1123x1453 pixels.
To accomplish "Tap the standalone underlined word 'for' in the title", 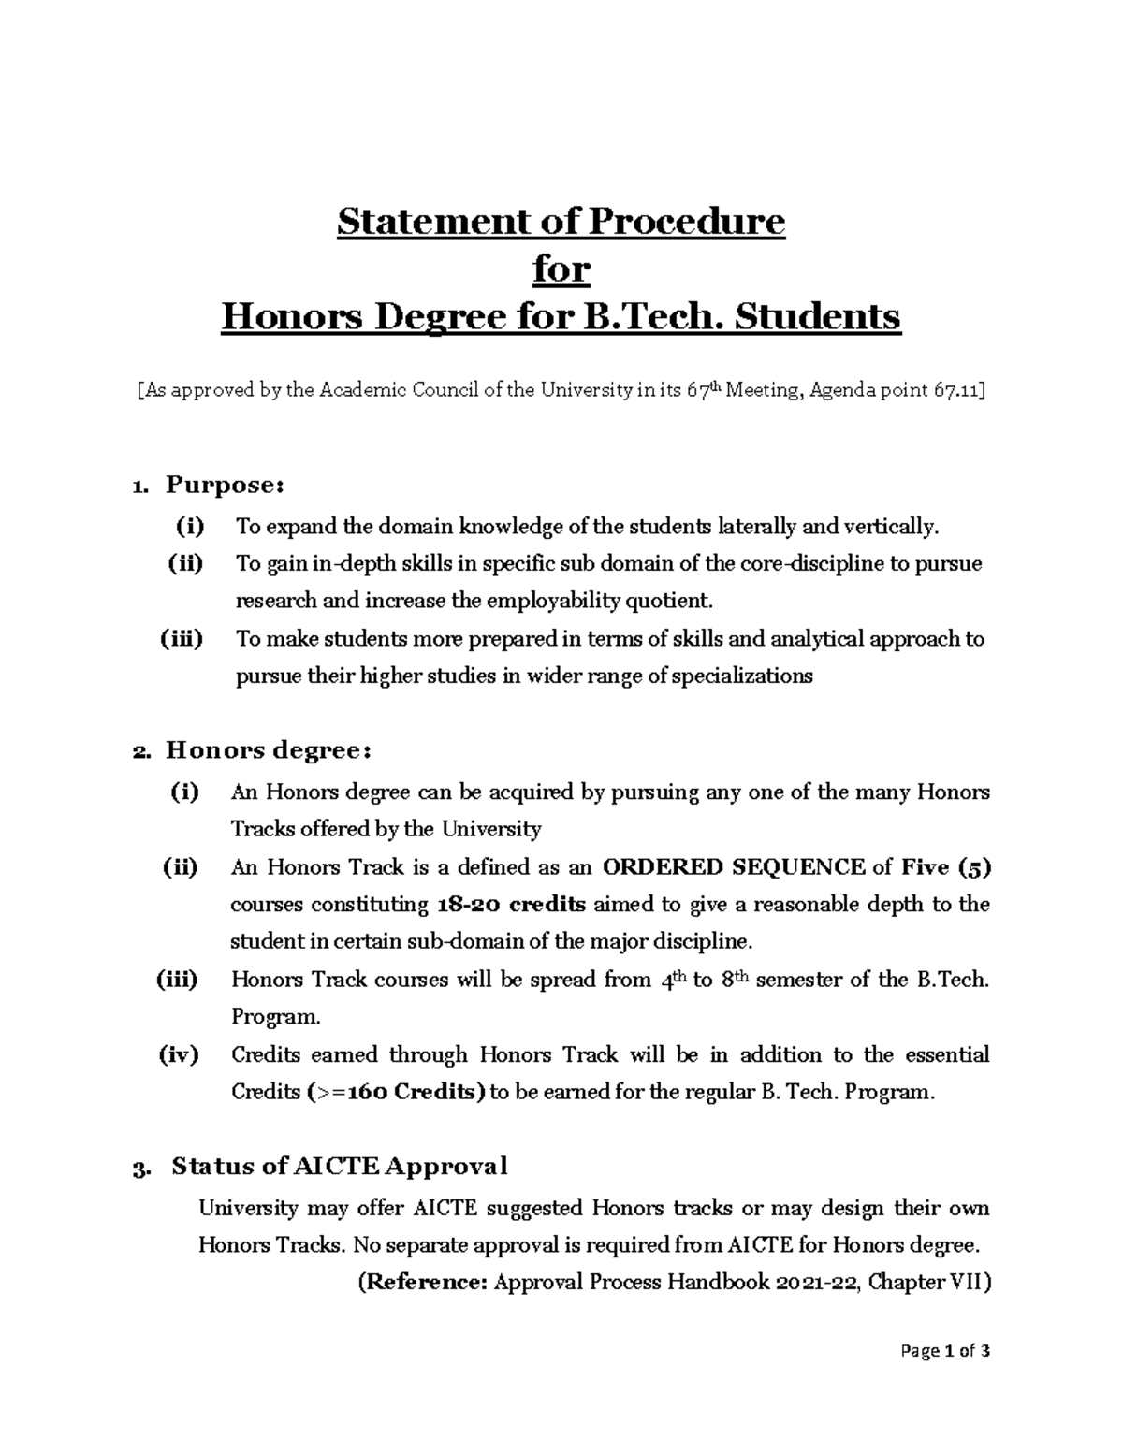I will point(561,269).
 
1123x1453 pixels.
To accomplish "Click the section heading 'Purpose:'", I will point(224,486).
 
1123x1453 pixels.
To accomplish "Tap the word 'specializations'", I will point(740,676).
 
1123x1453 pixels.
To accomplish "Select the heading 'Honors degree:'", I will point(270,751).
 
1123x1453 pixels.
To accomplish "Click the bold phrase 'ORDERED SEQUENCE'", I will point(733,867).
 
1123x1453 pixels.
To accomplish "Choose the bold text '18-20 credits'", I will point(512,905).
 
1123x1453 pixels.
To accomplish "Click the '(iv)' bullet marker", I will point(179,1054).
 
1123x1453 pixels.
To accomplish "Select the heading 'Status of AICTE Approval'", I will point(339,1167).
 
